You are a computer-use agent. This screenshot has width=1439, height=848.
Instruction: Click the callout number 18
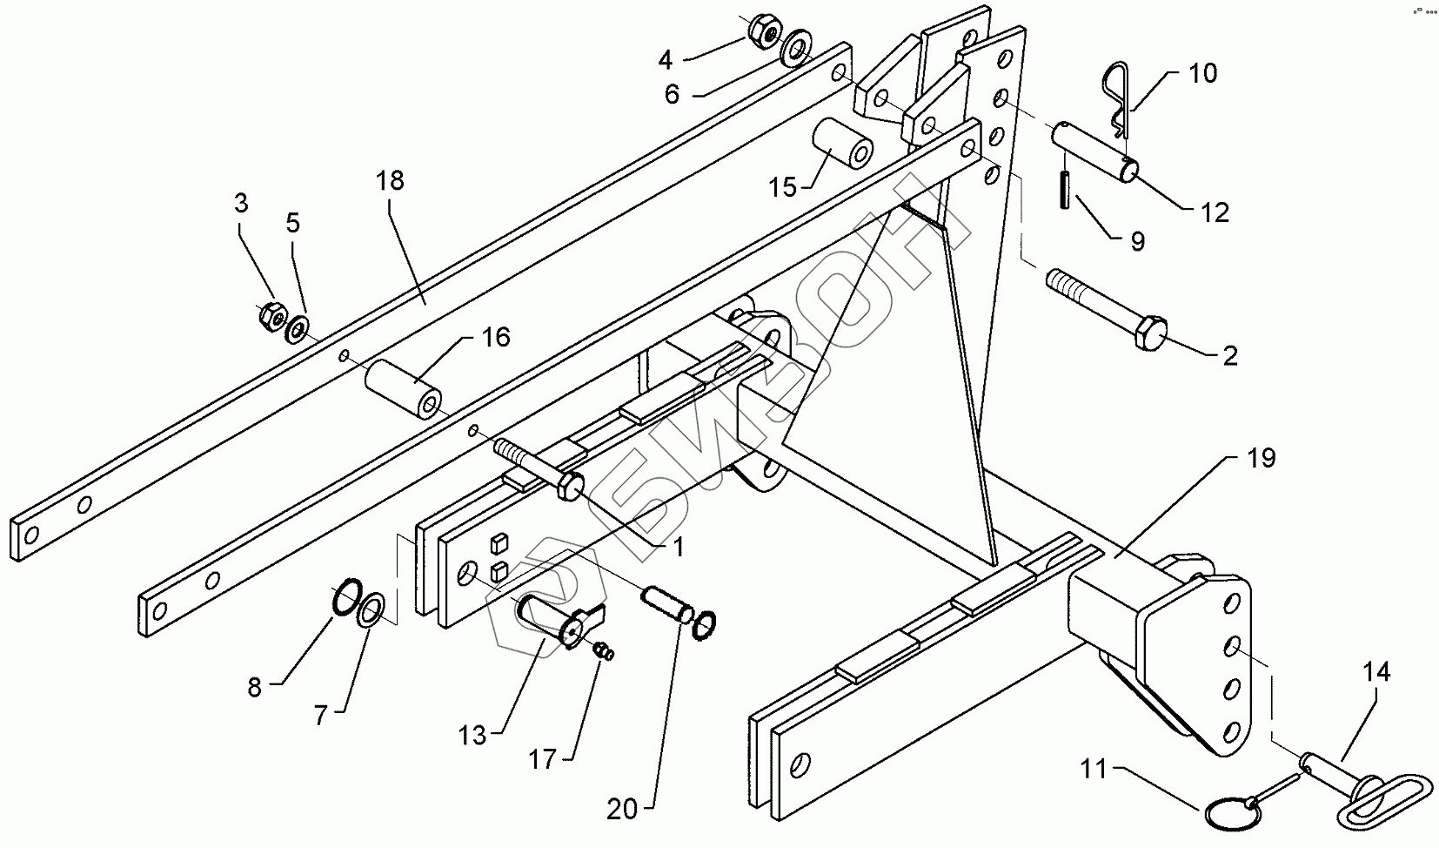click(x=391, y=181)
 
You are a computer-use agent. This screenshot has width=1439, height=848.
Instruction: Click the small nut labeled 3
click(x=272, y=317)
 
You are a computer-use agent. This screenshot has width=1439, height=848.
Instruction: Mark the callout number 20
click(x=622, y=810)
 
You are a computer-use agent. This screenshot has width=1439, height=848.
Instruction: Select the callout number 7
click(x=321, y=716)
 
